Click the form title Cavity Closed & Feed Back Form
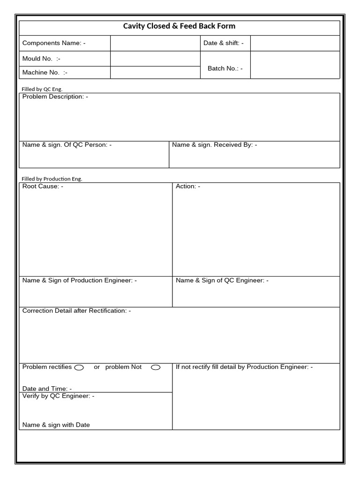[179, 26]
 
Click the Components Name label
[54, 43]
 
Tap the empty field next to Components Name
[155, 43]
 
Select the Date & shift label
[224, 43]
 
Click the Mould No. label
[41, 59]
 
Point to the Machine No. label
[45, 73]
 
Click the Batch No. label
[225, 68]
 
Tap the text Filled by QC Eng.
[42, 89]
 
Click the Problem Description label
[55, 97]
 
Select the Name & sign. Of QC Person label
[67, 145]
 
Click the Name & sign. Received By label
[214, 145]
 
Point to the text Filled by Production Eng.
[52, 179]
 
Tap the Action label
[188, 187]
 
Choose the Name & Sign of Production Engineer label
[80, 280]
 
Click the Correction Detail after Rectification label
[76, 311]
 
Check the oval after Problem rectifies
[79, 367]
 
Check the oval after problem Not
[156, 367]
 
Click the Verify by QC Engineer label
[58, 396]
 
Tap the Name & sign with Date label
[56, 425]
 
